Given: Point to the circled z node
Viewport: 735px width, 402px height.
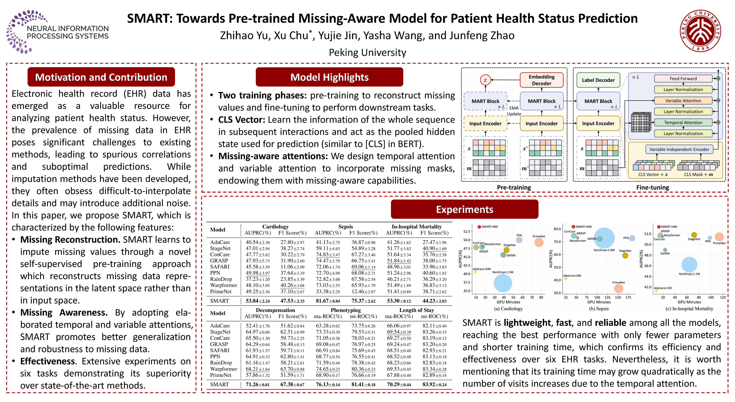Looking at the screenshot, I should point(485,80).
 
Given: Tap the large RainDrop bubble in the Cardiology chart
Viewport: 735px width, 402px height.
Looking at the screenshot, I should point(503,283).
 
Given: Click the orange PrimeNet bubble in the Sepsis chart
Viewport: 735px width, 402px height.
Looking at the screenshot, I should point(618,289).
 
